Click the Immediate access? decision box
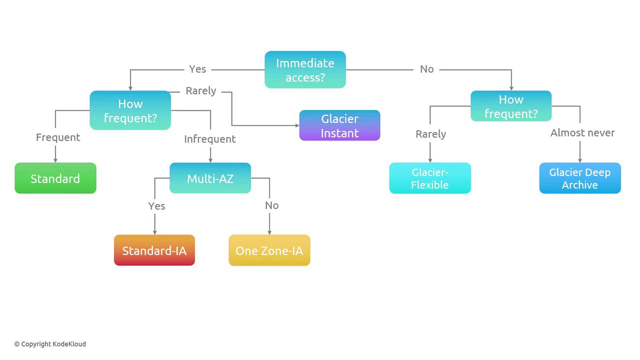pos(305,69)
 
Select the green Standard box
pos(55,178)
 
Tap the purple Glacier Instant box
pos(339,125)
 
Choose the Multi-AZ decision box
pos(210,178)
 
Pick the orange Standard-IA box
pos(154,250)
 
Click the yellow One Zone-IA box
pos(269,250)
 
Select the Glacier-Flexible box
pos(430,178)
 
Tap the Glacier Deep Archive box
pos(579,178)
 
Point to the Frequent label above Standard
pos(58,137)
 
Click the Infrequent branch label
pos(210,139)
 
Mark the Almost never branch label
pos(582,133)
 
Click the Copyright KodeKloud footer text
pos(50,344)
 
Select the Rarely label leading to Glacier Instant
pos(201,91)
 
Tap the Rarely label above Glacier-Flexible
pos(430,134)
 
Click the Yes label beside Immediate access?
pos(197,69)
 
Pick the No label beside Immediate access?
pos(426,69)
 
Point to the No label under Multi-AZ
pos(271,205)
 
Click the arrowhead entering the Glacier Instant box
pos(297,125)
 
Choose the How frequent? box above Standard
pos(130,110)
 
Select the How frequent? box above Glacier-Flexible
pos(511,106)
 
